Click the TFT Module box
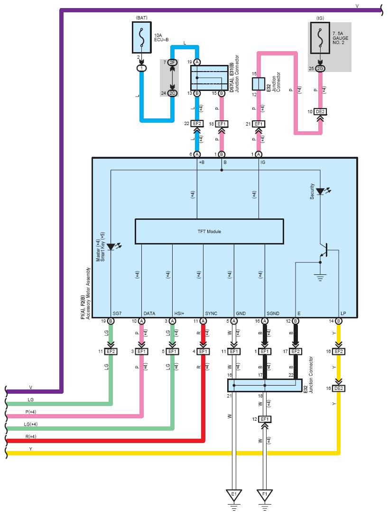coord(209,232)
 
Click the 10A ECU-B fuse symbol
coord(142,37)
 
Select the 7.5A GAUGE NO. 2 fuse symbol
coord(320,37)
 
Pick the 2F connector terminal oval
coord(172,63)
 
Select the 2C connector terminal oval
coord(172,93)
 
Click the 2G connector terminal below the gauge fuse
coord(320,68)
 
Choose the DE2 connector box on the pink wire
coord(320,112)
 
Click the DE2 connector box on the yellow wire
coord(339,388)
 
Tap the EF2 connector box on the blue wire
coord(197,124)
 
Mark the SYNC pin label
coord(211,313)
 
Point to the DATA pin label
coord(149,313)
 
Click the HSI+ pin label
coord(179,313)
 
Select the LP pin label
coord(343,313)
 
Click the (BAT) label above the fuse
coord(142,18)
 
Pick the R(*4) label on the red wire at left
coord(31,436)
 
